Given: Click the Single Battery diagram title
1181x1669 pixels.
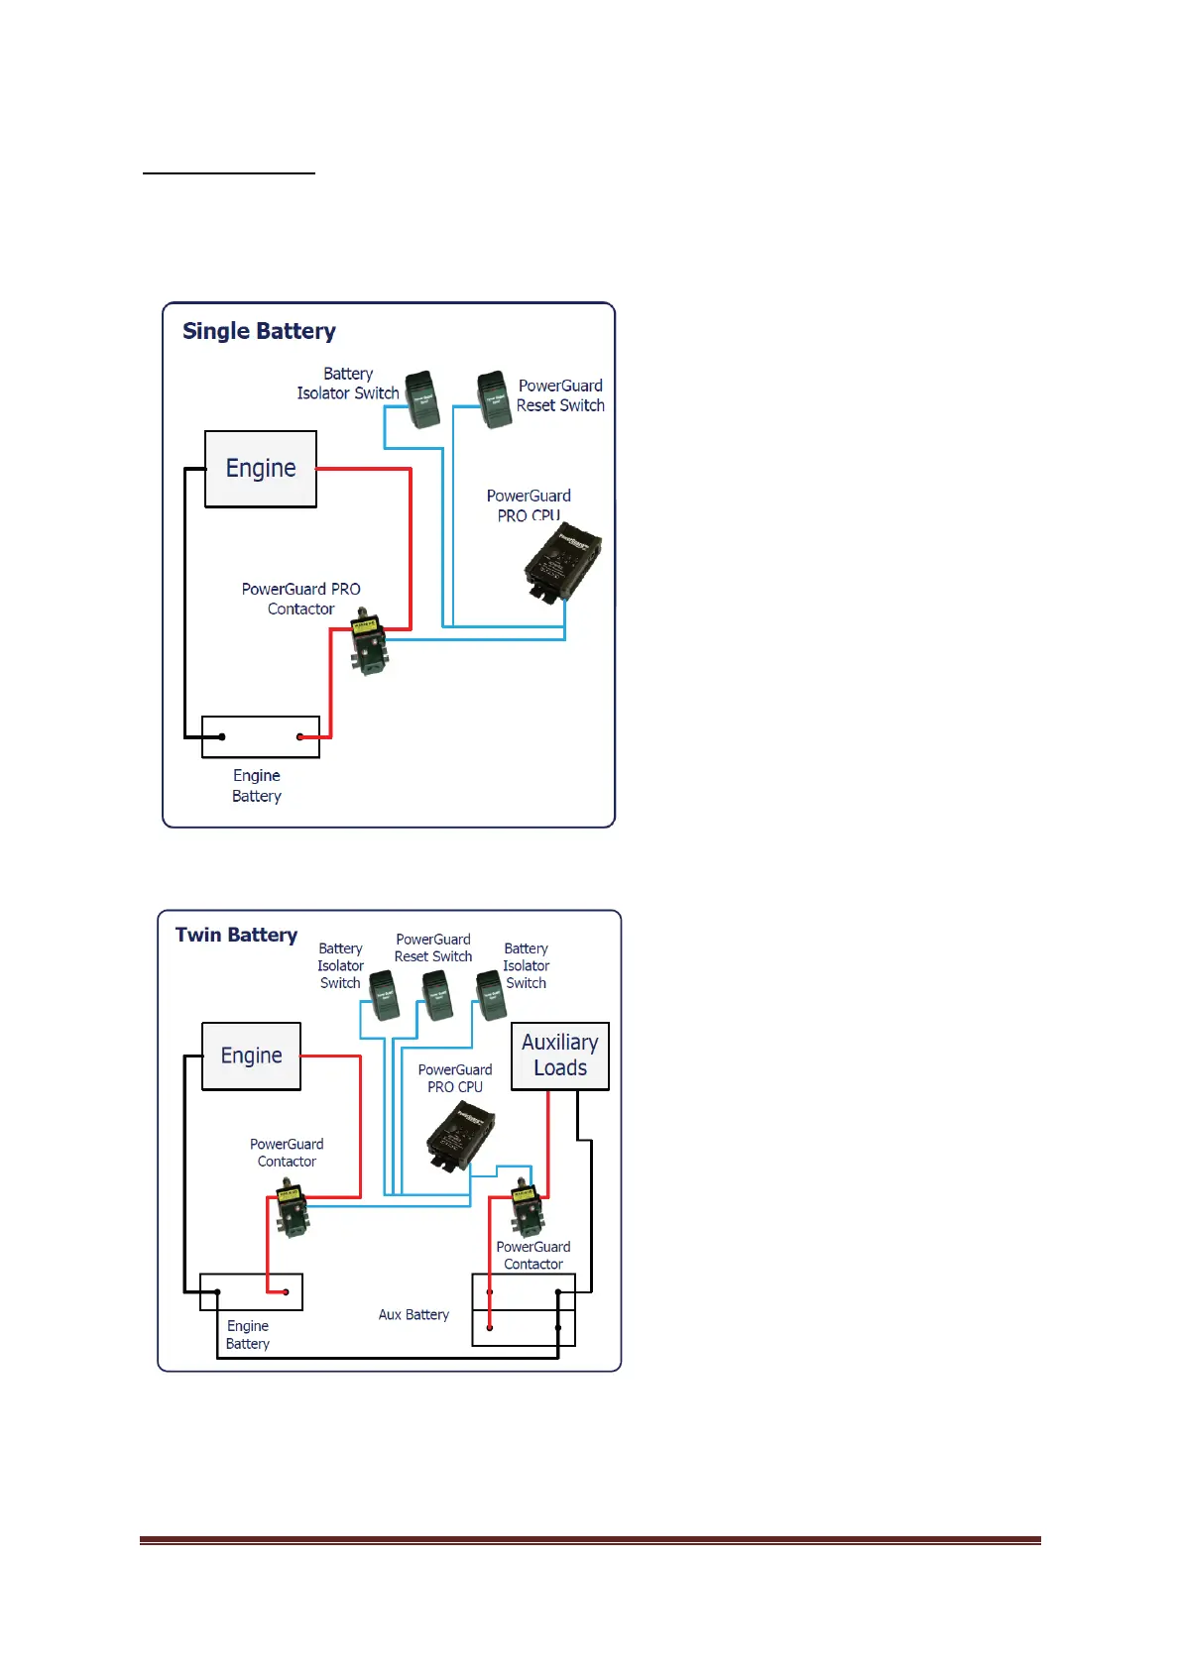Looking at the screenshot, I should click(259, 331).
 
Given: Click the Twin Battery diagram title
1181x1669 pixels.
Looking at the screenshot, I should click(236, 935).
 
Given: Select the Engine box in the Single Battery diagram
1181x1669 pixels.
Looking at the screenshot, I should click(261, 469).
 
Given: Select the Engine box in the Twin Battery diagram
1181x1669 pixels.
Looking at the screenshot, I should click(251, 1057).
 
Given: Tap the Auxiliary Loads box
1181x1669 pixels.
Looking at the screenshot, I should click(560, 1056).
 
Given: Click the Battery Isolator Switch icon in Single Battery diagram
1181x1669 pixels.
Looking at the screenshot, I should click(422, 399).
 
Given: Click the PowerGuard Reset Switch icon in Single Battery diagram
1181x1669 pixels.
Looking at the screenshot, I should click(494, 399).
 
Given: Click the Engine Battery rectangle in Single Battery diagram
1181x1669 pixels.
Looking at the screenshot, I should click(261, 736).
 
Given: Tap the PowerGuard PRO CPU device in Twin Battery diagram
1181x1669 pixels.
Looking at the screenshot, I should click(460, 1138).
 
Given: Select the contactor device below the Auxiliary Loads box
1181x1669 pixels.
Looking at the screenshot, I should click(526, 1207).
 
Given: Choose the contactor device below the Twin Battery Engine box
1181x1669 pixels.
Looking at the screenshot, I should click(292, 1209).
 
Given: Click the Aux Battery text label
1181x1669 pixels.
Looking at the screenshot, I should click(413, 1314).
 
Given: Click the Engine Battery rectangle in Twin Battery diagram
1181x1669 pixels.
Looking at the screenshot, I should click(251, 1291).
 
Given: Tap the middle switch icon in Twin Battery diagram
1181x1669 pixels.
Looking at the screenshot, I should click(437, 995).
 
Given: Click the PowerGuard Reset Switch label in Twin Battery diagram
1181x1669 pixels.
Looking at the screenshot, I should click(433, 947).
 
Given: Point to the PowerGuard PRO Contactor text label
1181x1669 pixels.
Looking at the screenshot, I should click(300, 599).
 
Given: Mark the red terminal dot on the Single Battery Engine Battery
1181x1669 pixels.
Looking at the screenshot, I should click(299, 736).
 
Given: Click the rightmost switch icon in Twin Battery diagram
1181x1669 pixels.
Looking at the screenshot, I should click(492, 995).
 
